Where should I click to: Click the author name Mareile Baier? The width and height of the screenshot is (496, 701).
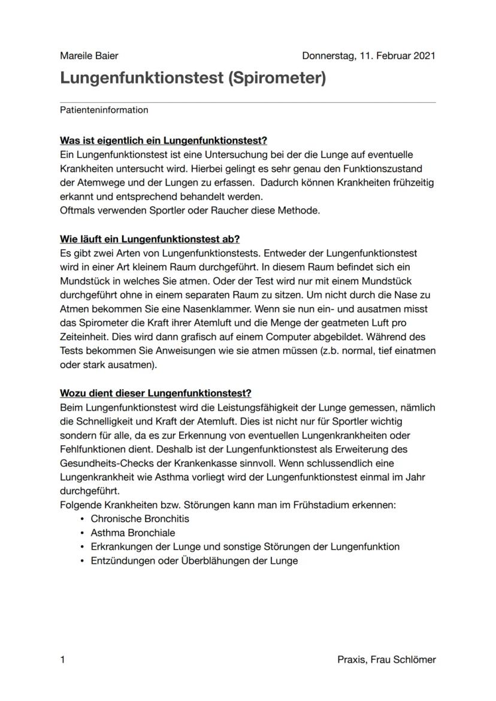click(89, 56)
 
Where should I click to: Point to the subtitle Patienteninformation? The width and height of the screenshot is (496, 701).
click(104, 110)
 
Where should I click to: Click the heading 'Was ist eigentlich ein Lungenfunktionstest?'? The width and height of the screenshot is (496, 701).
click(164, 141)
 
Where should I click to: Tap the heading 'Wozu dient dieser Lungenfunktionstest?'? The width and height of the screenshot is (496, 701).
click(156, 393)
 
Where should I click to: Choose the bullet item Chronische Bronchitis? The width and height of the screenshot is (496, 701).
click(140, 518)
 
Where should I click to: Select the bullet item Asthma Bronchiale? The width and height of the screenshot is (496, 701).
click(133, 532)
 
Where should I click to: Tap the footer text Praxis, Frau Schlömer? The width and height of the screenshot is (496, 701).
click(386, 660)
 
